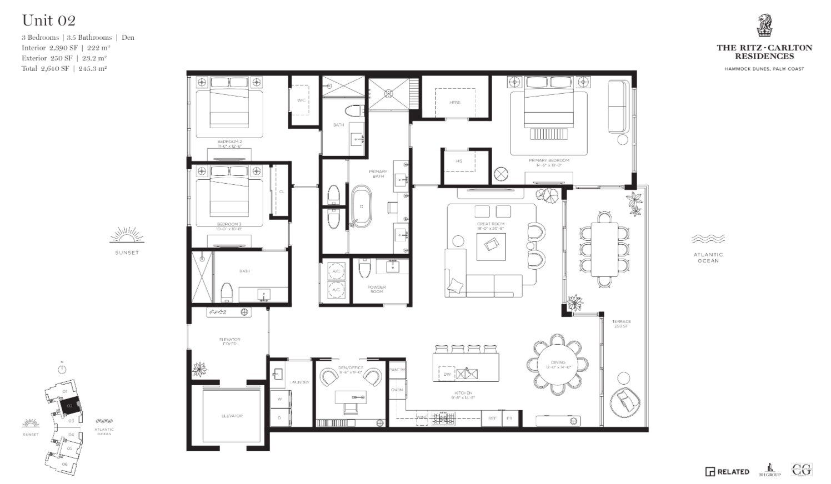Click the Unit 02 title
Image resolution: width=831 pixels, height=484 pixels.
(49, 21)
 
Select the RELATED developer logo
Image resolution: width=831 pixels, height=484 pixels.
(727, 472)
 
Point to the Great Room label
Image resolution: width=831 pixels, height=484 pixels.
(490, 226)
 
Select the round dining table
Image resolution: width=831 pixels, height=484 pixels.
(558, 363)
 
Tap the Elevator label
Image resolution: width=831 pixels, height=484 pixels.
(232, 416)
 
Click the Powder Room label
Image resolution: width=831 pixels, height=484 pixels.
(377, 289)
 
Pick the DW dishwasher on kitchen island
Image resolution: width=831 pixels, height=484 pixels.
(447, 374)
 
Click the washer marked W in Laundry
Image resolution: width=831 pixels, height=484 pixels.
(279, 399)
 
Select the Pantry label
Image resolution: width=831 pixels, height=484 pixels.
(397, 370)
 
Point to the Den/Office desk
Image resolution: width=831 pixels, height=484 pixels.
(351, 397)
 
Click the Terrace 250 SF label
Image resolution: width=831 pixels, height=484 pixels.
(622, 324)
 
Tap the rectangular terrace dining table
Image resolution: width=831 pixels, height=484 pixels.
(604, 249)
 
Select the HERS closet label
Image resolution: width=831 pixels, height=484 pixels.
(455, 103)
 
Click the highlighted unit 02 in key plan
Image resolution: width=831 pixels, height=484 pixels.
(70, 406)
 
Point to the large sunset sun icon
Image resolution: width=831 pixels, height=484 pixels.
(127, 236)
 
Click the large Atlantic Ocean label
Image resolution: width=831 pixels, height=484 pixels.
(708, 258)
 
